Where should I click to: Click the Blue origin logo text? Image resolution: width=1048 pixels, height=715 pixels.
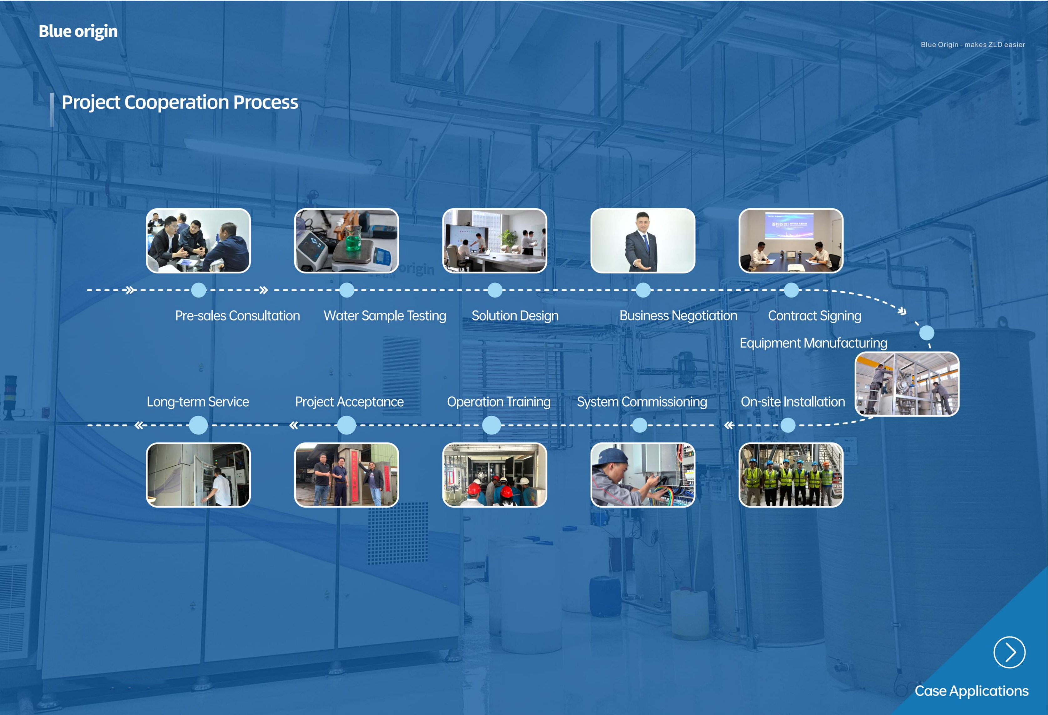coord(78,32)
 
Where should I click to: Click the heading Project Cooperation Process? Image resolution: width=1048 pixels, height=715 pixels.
coord(180,102)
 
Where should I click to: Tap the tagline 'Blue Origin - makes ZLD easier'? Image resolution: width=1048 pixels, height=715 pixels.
coord(973,45)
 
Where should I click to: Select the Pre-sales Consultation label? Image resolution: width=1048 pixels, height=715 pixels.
coord(237,316)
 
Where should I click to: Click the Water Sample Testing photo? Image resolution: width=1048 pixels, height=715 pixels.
coord(346,241)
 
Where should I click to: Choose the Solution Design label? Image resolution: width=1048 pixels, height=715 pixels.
coord(515,316)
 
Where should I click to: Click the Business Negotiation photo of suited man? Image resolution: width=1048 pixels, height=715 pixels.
coord(642,241)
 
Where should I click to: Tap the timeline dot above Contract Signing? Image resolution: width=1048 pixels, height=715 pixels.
coord(791,290)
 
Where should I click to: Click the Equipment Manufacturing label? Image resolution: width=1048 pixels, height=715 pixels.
coord(813,343)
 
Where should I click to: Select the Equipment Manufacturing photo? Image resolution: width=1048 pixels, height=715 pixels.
coord(907,384)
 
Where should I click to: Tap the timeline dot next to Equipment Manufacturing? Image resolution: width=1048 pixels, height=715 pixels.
coord(927,333)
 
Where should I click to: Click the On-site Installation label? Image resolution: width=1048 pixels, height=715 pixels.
coord(793,402)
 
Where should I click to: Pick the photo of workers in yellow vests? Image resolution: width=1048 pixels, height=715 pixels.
coord(791,475)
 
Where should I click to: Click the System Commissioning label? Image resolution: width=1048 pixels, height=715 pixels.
coord(642,402)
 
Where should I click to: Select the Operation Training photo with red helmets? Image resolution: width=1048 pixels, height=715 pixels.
coord(494,475)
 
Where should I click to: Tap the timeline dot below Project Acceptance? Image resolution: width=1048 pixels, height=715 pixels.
coord(346,425)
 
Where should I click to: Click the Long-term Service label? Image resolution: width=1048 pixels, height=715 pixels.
coord(198,402)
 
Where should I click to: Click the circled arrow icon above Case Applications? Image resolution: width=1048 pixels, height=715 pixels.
coord(1009,652)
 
